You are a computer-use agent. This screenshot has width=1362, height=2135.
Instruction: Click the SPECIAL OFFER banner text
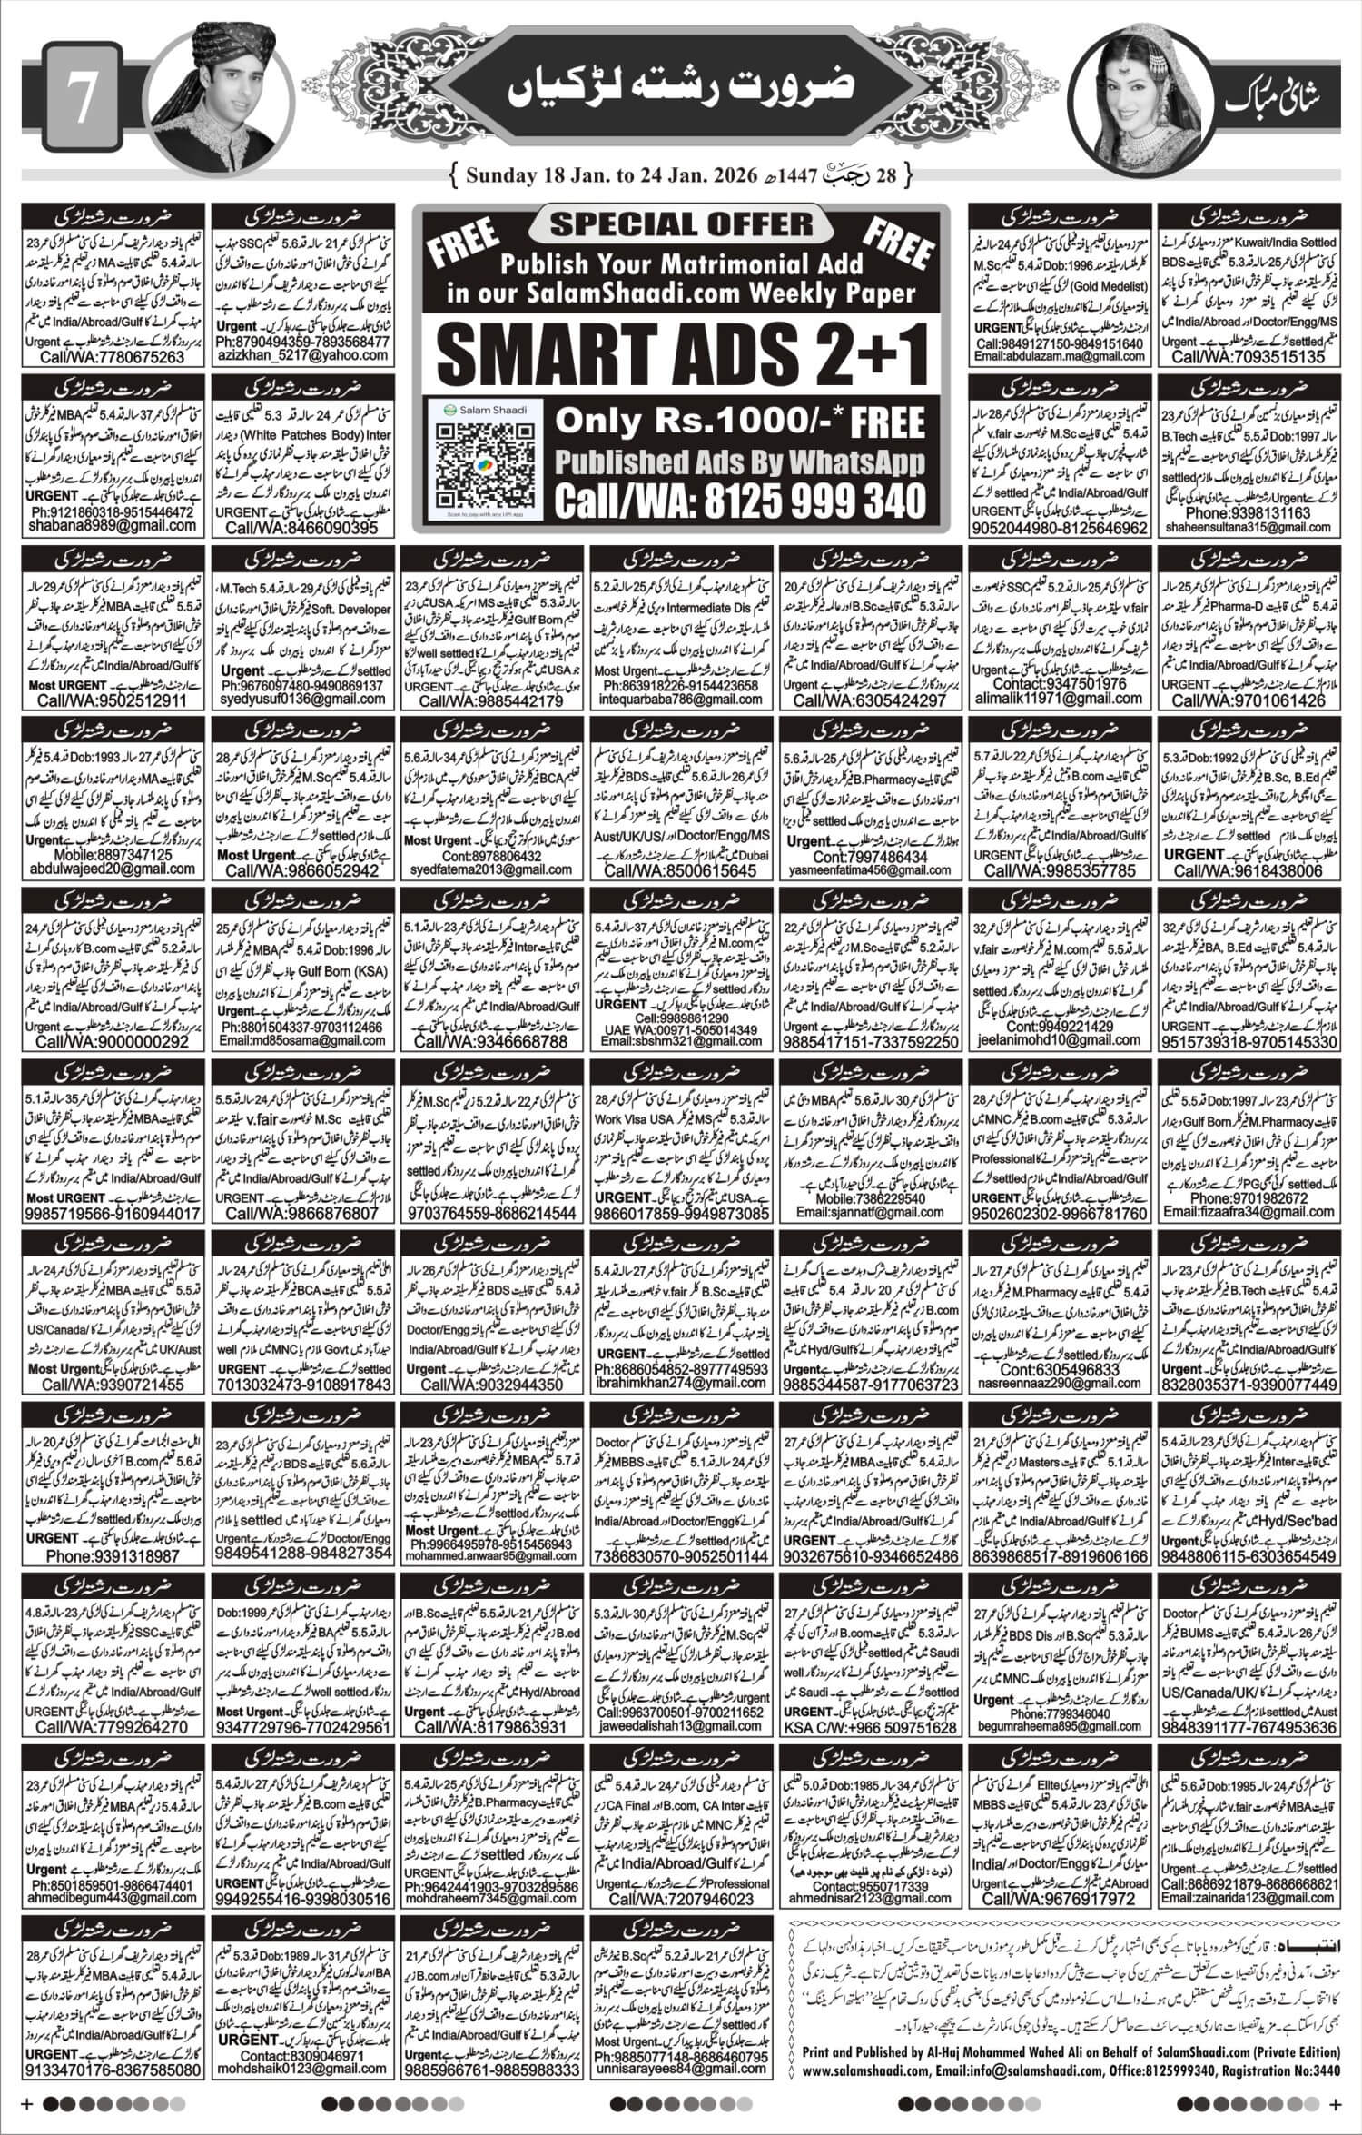[x=681, y=224]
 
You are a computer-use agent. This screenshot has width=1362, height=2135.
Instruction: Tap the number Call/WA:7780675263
[x=113, y=358]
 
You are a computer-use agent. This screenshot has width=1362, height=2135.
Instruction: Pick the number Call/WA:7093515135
[x=1247, y=358]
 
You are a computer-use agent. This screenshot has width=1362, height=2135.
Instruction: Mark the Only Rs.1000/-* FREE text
[x=740, y=422]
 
